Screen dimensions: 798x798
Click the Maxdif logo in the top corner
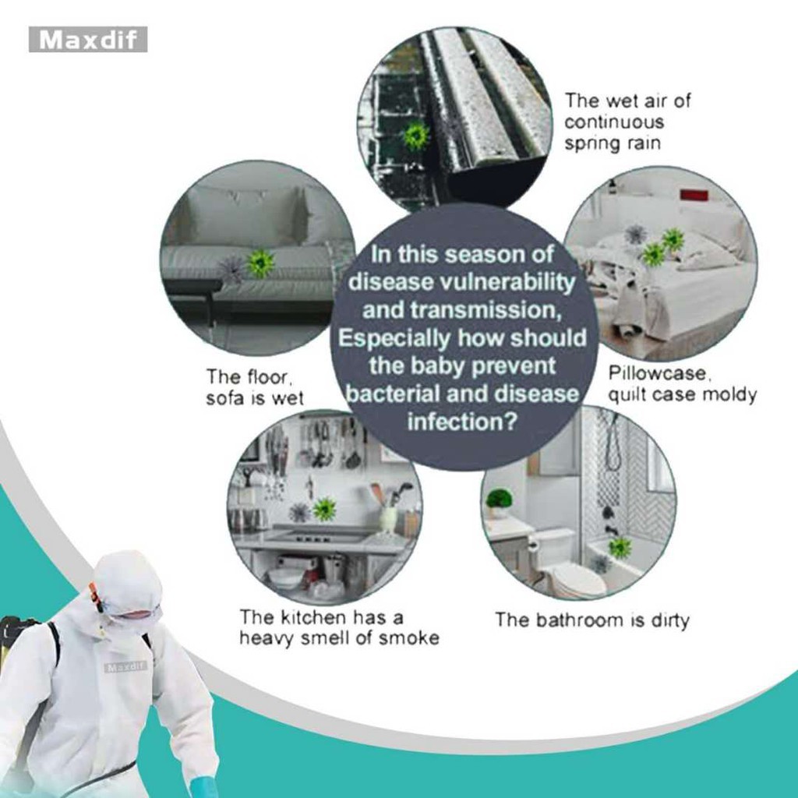(x=88, y=39)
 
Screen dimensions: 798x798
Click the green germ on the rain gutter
(x=416, y=136)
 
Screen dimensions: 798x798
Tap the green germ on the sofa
(x=260, y=263)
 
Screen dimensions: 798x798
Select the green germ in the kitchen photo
(x=324, y=508)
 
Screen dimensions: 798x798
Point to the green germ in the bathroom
(x=620, y=547)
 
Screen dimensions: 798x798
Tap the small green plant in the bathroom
(x=499, y=500)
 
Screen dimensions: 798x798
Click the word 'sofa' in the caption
(x=225, y=398)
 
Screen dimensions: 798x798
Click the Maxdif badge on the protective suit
(x=125, y=666)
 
